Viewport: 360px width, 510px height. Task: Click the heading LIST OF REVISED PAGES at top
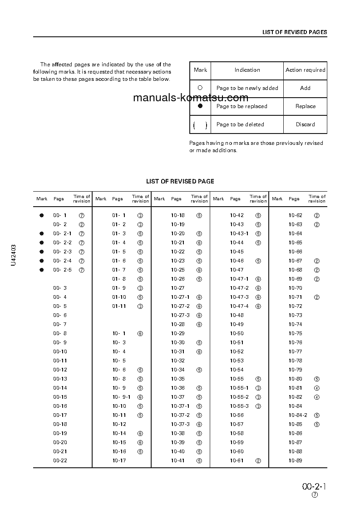295,32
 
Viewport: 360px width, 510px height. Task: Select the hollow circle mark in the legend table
200,88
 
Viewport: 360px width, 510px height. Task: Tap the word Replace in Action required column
305,106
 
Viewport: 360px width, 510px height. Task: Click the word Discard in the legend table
305,124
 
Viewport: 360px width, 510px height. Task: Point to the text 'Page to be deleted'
240,124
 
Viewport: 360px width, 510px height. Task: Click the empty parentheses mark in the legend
200,125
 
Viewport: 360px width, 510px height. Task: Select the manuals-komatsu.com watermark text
191,98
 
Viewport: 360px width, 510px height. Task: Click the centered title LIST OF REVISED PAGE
180,181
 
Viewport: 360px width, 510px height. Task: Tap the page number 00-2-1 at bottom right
314,487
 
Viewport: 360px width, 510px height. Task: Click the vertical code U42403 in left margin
14,255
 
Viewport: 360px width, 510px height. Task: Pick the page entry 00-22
60,460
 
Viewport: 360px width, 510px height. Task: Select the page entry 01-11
119,306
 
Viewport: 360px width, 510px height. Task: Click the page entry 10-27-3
180,315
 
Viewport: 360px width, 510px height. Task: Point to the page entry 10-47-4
239,306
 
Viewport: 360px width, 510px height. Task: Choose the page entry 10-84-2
298,415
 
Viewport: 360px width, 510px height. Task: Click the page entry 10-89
295,460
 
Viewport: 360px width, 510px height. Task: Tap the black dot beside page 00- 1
41,215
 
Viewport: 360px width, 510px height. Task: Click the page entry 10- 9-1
121,397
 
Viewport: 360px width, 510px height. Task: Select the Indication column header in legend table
247,70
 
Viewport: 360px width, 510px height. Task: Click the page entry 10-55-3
239,406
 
